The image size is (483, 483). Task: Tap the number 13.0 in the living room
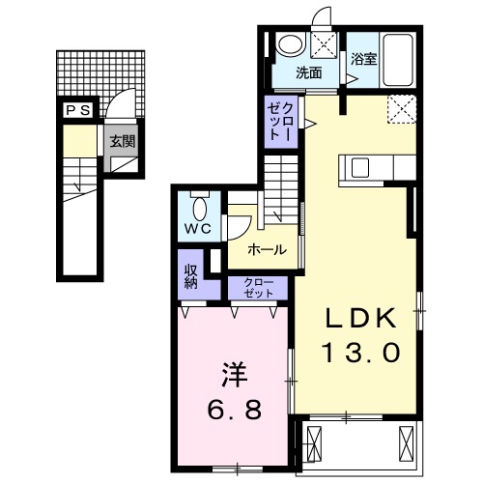click(359, 352)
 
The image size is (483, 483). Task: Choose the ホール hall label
click(267, 249)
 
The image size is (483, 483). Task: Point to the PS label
click(78, 111)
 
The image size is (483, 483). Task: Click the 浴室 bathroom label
click(363, 57)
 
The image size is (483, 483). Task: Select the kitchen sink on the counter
click(360, 167)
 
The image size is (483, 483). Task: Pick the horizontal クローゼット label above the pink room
click(258, 287)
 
